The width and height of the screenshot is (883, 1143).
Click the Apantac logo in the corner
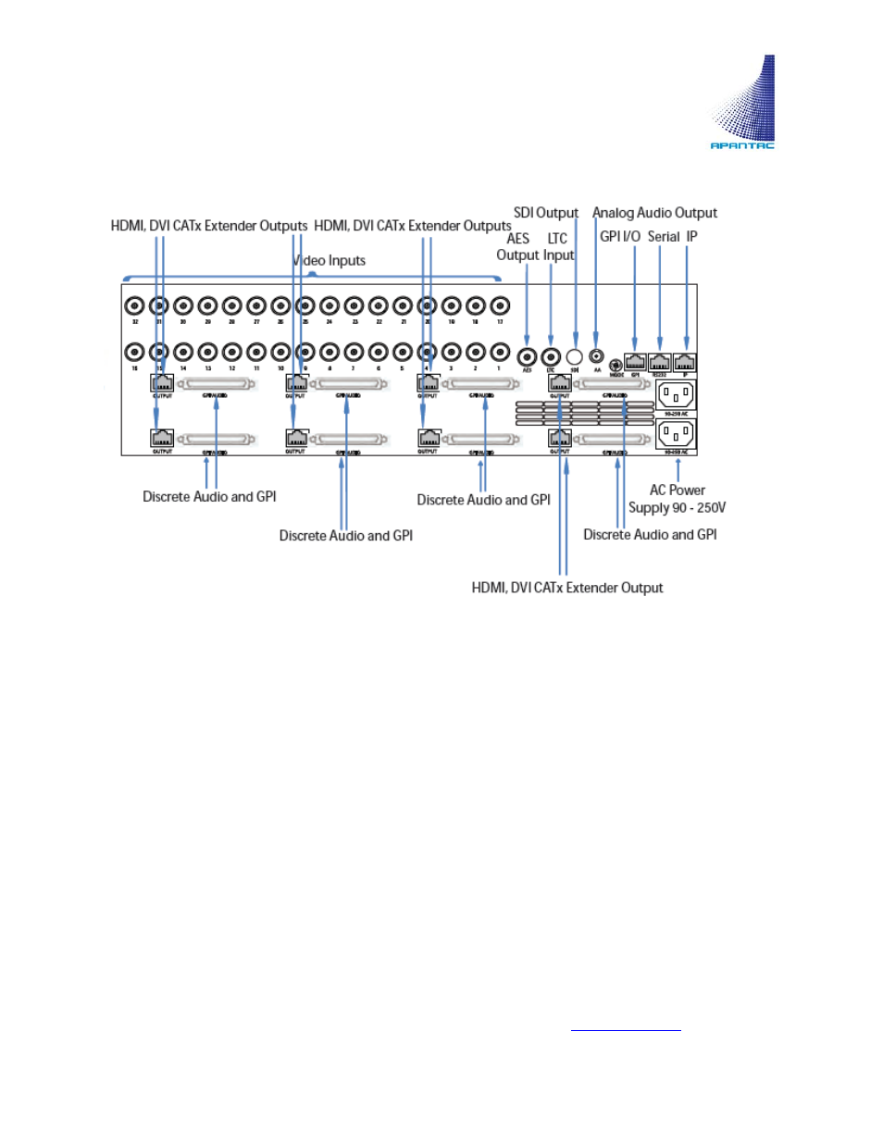point(742,103)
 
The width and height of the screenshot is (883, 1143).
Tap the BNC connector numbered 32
point(135,305)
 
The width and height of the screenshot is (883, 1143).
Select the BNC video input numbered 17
point(500,305)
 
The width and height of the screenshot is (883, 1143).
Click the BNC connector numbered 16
point(135,352)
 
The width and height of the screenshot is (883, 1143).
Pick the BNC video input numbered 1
point(500,352)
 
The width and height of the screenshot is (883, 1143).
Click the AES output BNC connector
point(528,355)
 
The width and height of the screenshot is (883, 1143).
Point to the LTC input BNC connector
point(551,355)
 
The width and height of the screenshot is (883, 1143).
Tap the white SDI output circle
point(574,356)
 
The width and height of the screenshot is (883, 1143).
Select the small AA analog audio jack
point(597,355)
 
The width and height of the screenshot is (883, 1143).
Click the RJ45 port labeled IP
point(685,362)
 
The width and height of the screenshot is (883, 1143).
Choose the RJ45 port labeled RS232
point(659,362)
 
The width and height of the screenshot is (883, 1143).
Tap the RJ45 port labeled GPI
point(635,362)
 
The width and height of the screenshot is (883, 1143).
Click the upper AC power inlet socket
point(676,395)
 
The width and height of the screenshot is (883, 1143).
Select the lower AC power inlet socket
point(676,433)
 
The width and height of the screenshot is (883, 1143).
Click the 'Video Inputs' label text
point(330,261)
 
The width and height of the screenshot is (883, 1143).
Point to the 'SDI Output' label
point(546,213)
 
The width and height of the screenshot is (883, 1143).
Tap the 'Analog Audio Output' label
point(654,213)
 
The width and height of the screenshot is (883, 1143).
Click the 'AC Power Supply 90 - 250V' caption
point(677,499)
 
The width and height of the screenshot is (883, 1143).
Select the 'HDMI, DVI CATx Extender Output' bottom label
point(567,588)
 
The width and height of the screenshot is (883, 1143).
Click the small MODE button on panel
point(616,365)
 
